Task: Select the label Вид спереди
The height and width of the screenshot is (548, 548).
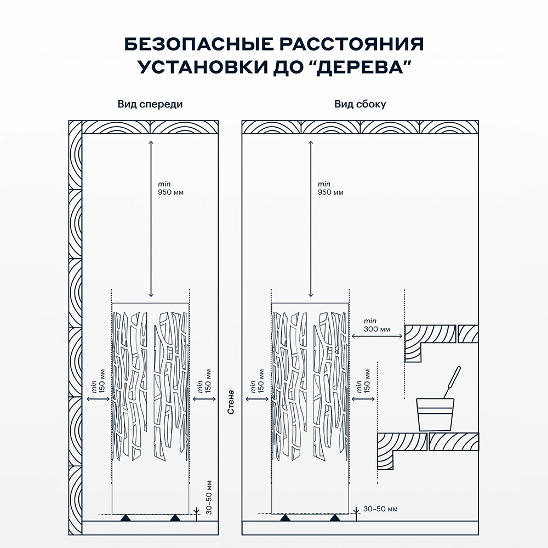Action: tap(150, 104)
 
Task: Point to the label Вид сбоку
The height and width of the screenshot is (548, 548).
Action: tap(360, 104)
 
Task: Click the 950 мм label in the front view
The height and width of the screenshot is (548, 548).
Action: tap(168, 192)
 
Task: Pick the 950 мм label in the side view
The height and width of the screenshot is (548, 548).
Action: tap(330, 192)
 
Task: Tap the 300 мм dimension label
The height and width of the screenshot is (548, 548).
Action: tap(376, 329)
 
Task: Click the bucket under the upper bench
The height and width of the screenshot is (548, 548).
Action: tap(436, 414)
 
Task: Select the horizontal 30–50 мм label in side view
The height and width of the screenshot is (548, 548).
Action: tap(381, 509)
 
